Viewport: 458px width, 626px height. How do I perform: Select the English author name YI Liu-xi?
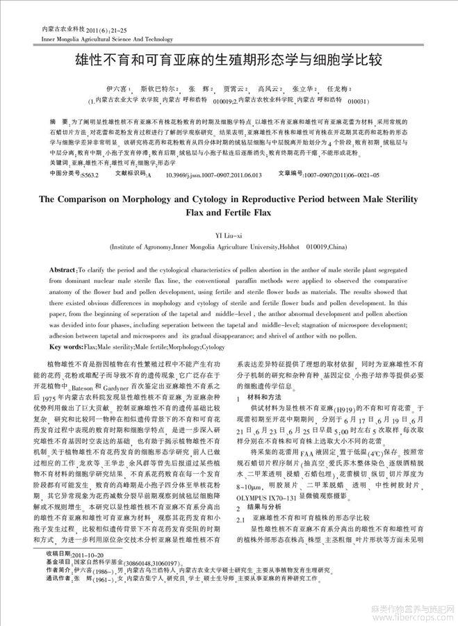(229, 233)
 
